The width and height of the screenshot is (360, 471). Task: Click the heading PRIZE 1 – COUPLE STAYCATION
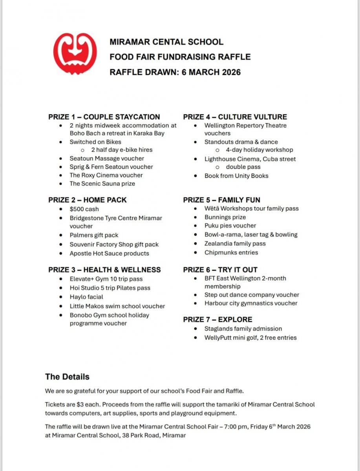click(x=104, y=117)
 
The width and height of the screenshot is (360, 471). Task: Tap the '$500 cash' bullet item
click(x=84, y=209)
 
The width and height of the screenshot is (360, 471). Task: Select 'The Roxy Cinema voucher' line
click(x=106, y=175)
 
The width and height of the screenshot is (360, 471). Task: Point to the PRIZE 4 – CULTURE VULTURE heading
click(x=235, y=117)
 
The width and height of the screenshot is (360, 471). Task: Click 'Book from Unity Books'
click(x=236, y=176)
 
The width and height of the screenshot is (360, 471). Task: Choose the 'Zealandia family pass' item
click(x=235, y=243)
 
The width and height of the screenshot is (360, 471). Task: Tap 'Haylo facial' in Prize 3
click(x=86, y=297)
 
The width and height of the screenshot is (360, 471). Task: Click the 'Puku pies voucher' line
click(x=230, y=226)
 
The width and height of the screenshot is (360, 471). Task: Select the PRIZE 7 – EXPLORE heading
click(x=217, y=319)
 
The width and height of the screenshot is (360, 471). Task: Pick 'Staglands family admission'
click(x=243, y=329)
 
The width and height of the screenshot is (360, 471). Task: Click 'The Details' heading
click(x=67, y=377)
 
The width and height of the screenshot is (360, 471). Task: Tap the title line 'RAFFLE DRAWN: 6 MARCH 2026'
click(x=175, y=72)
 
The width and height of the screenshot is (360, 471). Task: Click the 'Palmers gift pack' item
click(x=94, y=235)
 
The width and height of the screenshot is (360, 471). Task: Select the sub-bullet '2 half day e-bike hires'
click(x=122, y=150)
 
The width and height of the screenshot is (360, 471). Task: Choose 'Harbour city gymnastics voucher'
click(x=251, y=303)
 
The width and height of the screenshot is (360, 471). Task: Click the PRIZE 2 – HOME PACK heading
click(x=88, y=200)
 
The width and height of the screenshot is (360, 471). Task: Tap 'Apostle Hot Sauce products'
click(x=109, y=254)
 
